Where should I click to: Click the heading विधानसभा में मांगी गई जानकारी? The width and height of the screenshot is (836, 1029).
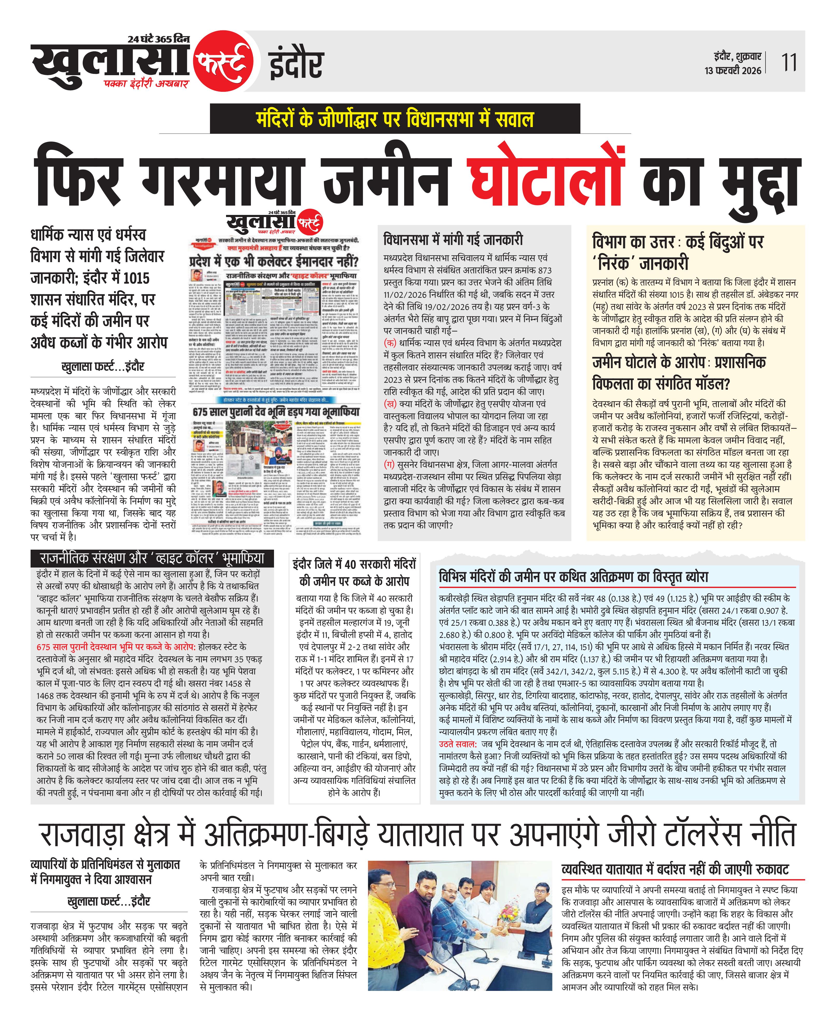pyautogui.click(x=453, y=239)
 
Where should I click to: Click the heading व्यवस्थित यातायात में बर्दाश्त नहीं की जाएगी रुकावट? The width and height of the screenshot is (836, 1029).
pyautogui.click(x=675, y=870)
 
